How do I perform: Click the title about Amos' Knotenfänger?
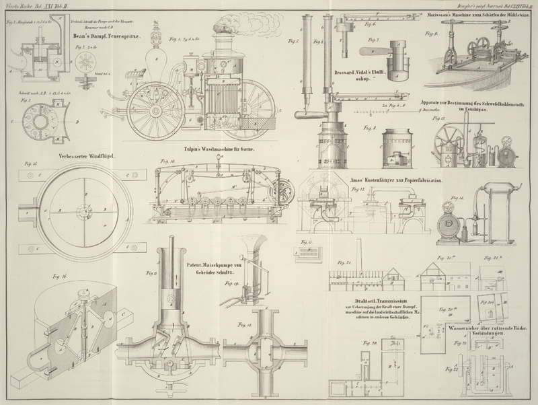click(x=392, y=181)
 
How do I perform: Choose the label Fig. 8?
click(x=369, y=127)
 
